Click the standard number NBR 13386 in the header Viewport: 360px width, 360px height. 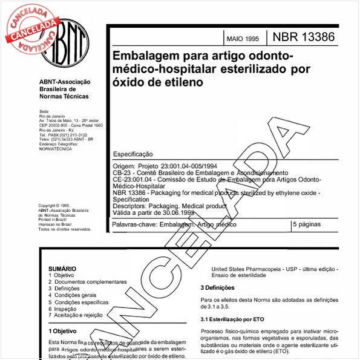304,38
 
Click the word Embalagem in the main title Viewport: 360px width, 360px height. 142,57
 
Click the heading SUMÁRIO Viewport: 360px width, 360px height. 62,268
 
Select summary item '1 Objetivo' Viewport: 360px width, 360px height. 61,275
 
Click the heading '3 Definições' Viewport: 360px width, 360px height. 221,287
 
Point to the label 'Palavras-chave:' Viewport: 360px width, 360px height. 133,224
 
